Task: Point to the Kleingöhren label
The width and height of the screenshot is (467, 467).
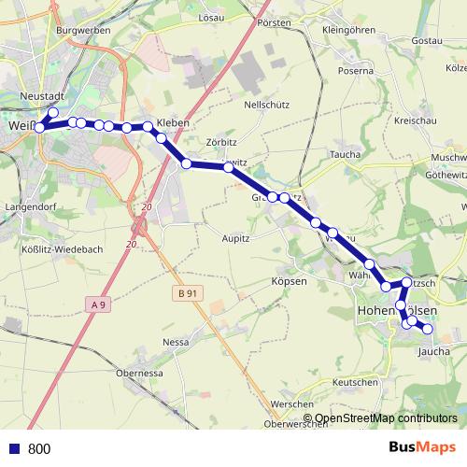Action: point(347,30)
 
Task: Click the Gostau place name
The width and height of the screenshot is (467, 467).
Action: point(427,41)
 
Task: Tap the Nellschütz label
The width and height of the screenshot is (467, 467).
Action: point(264,106)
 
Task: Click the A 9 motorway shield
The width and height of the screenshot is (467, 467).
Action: point(99,303)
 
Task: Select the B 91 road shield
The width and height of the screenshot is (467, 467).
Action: point(185,292)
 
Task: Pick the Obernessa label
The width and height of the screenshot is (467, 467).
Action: point(141,373)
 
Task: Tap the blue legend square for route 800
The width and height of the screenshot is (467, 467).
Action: point(15,448)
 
